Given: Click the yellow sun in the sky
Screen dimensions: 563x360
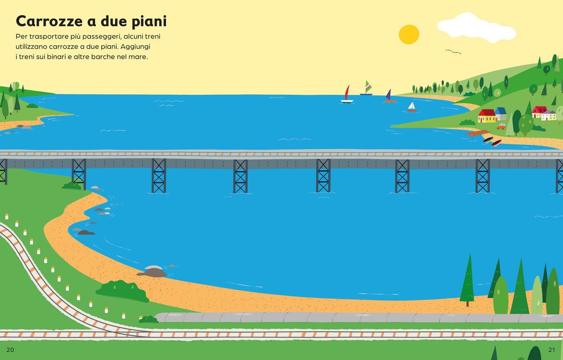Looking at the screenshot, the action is pos(409,34).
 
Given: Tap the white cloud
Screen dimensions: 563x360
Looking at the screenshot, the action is pos(476,28).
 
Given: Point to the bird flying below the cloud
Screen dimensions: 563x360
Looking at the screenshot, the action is pos(453,52).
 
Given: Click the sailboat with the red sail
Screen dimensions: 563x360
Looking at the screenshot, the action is pos(347,94).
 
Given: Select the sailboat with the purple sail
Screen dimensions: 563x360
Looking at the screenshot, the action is pos(389,96).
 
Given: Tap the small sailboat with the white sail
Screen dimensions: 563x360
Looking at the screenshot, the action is pos(412,107).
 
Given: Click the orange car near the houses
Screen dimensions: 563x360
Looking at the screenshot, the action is pos(501,126).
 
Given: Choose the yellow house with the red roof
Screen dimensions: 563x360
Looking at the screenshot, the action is pos(487,116).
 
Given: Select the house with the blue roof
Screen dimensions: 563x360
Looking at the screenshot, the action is pos(501,114).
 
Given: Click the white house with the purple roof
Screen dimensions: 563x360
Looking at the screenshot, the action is pos(548,115).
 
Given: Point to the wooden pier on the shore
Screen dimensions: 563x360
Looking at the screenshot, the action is pos(477,133).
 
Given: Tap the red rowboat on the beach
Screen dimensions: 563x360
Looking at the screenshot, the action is pos(496,143).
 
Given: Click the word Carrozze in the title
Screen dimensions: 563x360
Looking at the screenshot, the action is pos(49,21).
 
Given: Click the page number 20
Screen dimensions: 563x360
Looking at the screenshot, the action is pos(10,350).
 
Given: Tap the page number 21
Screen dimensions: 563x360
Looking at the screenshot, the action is pos(551,350).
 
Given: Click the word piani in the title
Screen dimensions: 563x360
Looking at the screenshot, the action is pos(149,22).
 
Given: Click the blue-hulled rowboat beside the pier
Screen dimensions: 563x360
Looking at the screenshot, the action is pos(488,140).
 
